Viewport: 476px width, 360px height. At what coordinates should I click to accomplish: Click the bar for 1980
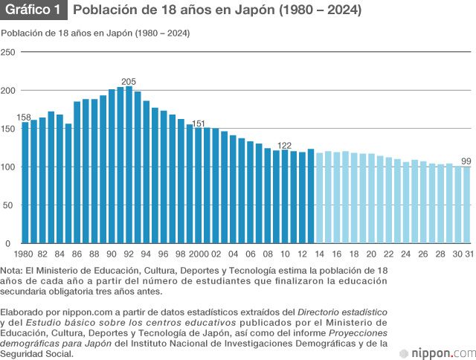pos(25,182)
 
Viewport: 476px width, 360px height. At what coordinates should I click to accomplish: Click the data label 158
pos(24,118)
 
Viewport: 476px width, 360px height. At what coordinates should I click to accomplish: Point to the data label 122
pos(284,145)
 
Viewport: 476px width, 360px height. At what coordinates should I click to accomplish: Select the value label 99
pos(466,161)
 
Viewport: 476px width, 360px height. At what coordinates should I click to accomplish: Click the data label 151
pos(199,123)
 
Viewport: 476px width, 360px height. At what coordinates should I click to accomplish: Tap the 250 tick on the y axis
pos(8,52)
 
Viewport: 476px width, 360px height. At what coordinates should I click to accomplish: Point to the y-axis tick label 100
pos(8,167)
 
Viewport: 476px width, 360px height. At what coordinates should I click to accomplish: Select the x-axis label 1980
pos(24,254)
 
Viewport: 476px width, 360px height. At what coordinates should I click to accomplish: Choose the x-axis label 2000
pos(199,254)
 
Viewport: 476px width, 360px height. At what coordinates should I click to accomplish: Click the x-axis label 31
pos(468,254)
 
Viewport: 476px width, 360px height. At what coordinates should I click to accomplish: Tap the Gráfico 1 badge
pos(33,10)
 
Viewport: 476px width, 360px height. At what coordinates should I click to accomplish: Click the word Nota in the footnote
pos(12,270)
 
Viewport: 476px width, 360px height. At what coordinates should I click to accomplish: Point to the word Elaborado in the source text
pos(22,312)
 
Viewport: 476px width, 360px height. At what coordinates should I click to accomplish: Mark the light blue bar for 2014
pos(320,198)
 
